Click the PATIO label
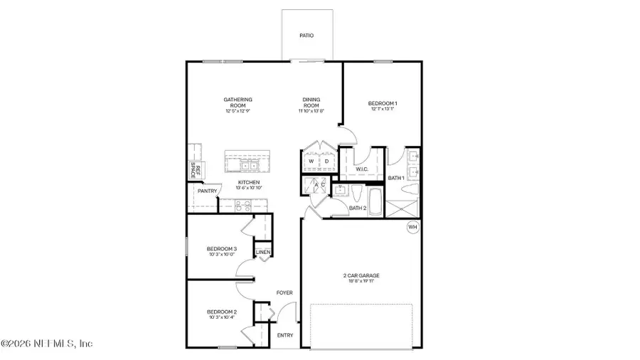coord(306,35)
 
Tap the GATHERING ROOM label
coord(238,102)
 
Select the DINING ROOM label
coord(311,102)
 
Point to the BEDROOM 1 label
coord(382,105)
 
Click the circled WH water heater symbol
coord(412,227)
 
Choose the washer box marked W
coord(311,162)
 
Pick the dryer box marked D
coord(326,162)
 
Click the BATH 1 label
coord(396,178)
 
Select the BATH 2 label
coord(358,208)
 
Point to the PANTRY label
coord(207,191)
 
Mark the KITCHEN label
coord(249,183)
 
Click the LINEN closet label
coord(262,253)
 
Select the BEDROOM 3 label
coord(222,248)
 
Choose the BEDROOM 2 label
coord(221,312)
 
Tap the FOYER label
coord(284,292)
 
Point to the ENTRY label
coord(284,336)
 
